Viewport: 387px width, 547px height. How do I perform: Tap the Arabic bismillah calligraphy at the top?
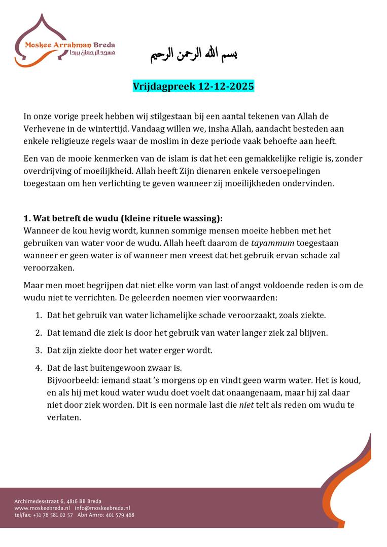pos(194,54)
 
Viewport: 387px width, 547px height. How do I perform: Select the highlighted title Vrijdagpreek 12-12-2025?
pos(193,87)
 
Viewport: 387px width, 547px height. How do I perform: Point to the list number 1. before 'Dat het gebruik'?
pos(38,315)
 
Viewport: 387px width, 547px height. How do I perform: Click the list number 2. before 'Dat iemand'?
pos(38,333)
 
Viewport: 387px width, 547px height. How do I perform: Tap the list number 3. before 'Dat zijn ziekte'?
pos(38,350)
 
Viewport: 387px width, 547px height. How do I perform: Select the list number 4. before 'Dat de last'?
pos(38,368)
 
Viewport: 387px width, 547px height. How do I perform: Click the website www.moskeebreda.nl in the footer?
pos(42,508)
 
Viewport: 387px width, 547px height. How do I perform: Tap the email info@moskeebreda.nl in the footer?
pos(102,508)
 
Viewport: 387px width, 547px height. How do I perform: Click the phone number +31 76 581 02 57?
pos(53,515)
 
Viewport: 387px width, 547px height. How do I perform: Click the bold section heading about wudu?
pos(123,219)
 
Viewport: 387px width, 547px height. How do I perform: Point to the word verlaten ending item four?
pos(63,418)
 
